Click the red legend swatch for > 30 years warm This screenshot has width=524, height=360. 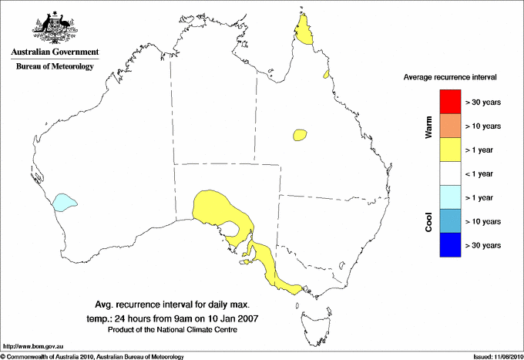coord(450,101)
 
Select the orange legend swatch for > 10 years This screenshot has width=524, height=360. coord(450,125)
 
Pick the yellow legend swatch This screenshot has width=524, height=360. coord(450,149)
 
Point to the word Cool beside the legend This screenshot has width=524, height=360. coord(429,220)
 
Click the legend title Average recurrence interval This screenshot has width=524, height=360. coord(450,78)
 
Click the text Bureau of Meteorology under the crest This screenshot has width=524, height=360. coord(54,67)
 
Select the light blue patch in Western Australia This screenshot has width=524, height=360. coord(63,204)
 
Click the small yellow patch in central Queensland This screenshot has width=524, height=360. coord(300,135)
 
